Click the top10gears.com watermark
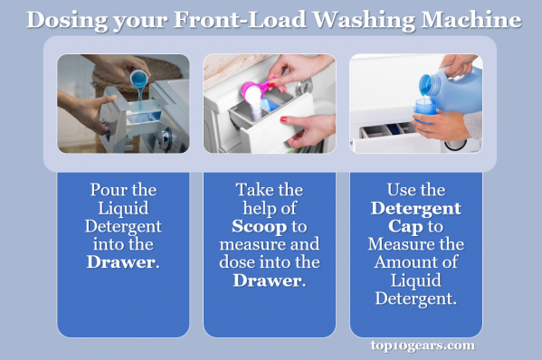point(422,345)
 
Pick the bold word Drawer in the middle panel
point(269,280)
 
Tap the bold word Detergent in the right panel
point(415,208)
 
